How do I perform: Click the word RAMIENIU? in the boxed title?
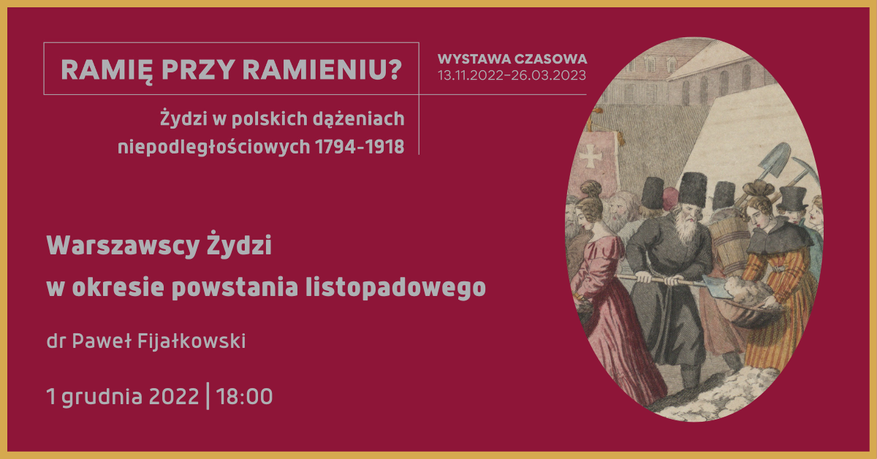pyautogui.click(x=322, y=70)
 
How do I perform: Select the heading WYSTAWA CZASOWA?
pyautogui.click(x=512, y=59)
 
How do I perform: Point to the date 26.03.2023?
pyautogui.click(x=549, y=75)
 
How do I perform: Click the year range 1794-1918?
pyautogui.click(x=360, y=147)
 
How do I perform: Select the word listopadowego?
pyautogui.click(x=395, y=288)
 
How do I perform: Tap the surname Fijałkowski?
pyautogui.click(x=191, y=341)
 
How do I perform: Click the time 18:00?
pyautogui.click(x=244, y=396)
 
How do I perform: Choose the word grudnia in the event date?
pyautogui.click(x=102, y=397)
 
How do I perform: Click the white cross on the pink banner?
pyautogui.click(x=591, y=156)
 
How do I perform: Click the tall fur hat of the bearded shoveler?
pyautogui.click(x=692, y=189)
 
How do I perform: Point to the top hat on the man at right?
pyautogui.click(x=793, y=200)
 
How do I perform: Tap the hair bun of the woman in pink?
pyautogui.click(x=590, y=189)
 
